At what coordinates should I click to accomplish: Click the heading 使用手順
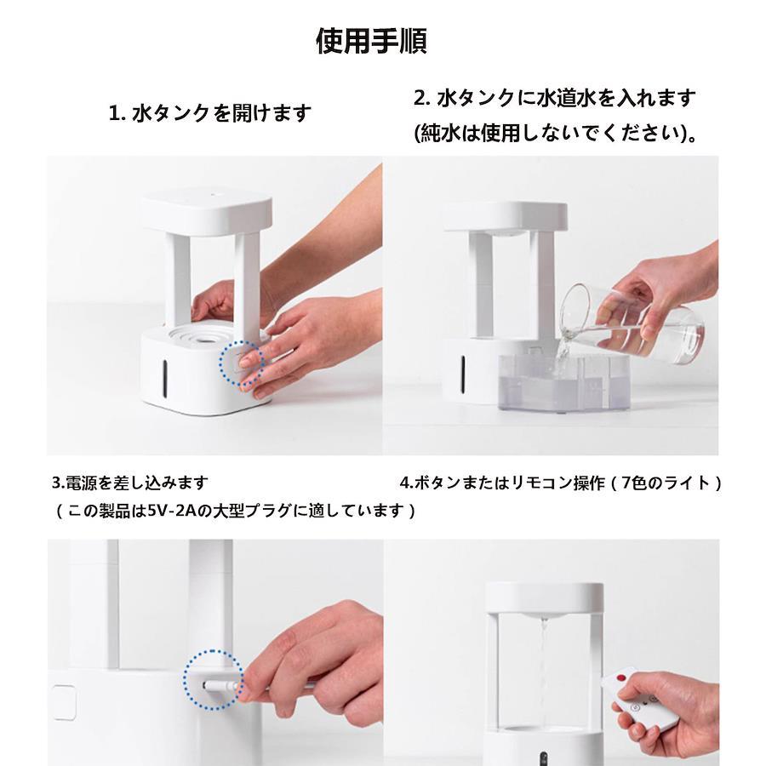371,41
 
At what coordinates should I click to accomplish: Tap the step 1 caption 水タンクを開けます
222,113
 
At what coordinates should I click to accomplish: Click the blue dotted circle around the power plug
214,679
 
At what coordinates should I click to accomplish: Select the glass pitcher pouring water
632,325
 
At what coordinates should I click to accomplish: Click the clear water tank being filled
563,382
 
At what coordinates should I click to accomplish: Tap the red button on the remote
621,678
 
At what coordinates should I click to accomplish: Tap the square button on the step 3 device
64,702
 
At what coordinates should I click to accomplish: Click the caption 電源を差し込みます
136,483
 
